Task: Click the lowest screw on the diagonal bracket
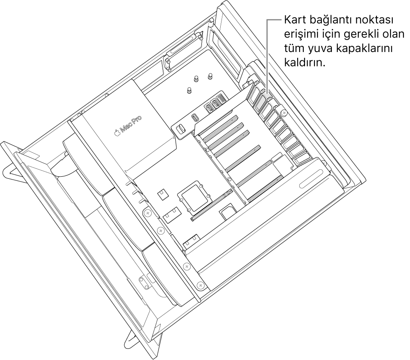(x=200, y=285)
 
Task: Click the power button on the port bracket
(x=180, y=129)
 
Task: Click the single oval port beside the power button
(x=194, y=118)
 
